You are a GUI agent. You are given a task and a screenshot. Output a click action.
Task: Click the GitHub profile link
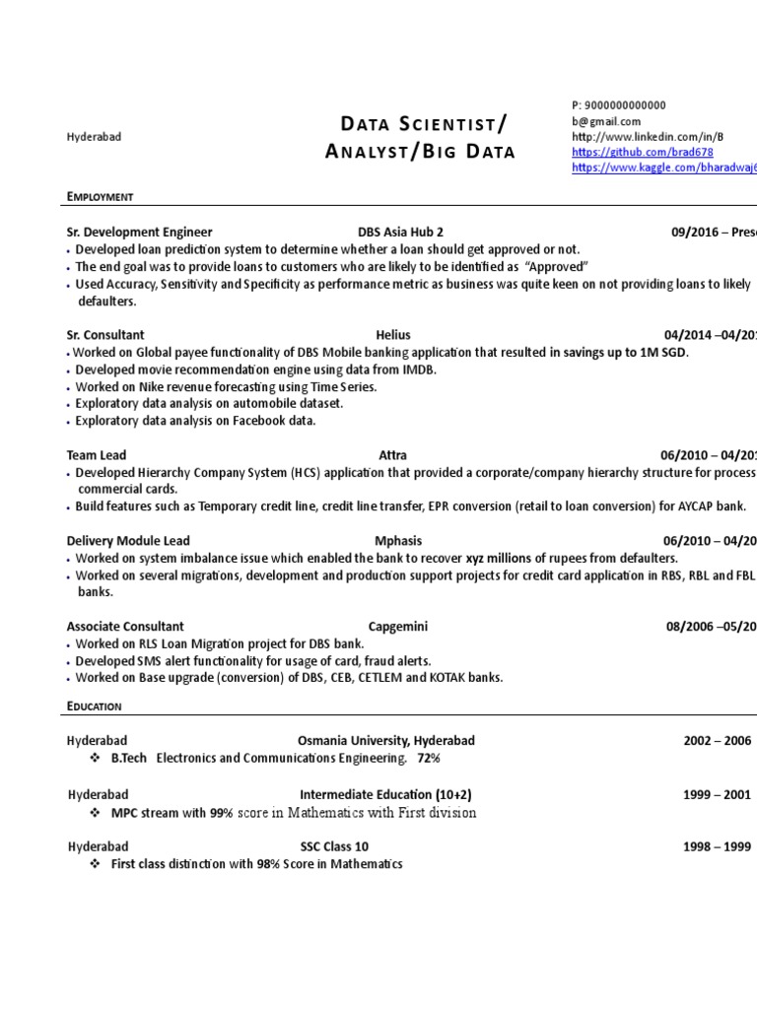tap(642, 153)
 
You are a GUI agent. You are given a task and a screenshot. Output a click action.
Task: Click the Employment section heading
tap(100, 197)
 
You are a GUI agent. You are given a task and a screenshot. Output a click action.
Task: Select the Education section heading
tap(95, 706)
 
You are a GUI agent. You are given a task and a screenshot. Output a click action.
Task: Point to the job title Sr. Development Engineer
tap(139, 233)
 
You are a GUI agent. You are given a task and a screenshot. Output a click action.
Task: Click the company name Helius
tap(393, 335)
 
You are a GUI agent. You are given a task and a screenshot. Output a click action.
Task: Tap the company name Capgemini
tap(398, 626)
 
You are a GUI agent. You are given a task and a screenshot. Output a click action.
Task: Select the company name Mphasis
tap(398, 541)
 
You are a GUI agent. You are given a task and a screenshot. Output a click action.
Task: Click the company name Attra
tap(392, 455)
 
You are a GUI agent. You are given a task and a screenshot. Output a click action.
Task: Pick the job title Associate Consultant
tap(125, 626)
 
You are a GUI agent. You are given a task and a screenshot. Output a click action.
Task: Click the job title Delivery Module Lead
tap(128, 541)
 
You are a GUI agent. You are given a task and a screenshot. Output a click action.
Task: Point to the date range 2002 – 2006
tap(718, 741)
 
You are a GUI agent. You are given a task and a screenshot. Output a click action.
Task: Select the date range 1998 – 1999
tap(718, 846)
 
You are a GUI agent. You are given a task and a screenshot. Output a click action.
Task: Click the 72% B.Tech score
tap(429, 759)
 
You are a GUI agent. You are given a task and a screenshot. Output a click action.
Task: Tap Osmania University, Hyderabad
tap(385, 741)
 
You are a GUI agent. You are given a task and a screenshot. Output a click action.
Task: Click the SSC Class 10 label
tap(334, 846)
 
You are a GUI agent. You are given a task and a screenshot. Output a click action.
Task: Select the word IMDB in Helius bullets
tap(418, 370)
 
